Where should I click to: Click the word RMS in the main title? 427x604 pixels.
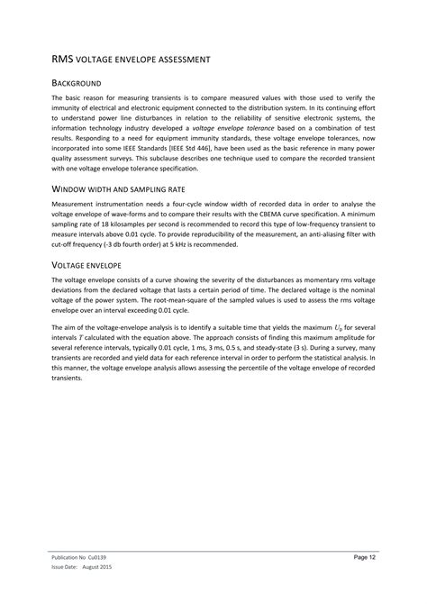(62, 59)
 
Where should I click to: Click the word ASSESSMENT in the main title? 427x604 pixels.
(180, 59)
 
